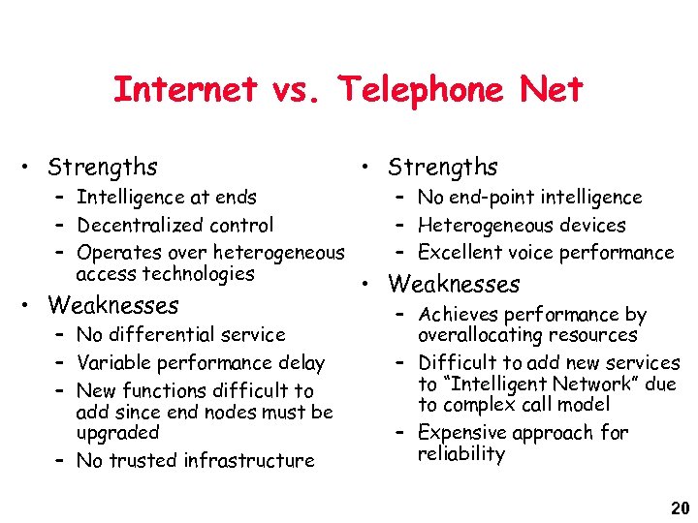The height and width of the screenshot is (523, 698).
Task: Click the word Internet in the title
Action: coord(185,90)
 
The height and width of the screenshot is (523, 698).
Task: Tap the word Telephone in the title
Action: coord(420,90)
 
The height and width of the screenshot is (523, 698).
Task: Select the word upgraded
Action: coord(116,433)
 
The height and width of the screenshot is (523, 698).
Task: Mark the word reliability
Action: coord(461,454)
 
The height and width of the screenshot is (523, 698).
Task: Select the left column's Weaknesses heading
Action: coord(113,306)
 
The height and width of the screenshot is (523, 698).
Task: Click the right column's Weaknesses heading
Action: coord(454,285)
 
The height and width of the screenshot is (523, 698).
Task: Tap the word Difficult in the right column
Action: coord(457,363)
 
